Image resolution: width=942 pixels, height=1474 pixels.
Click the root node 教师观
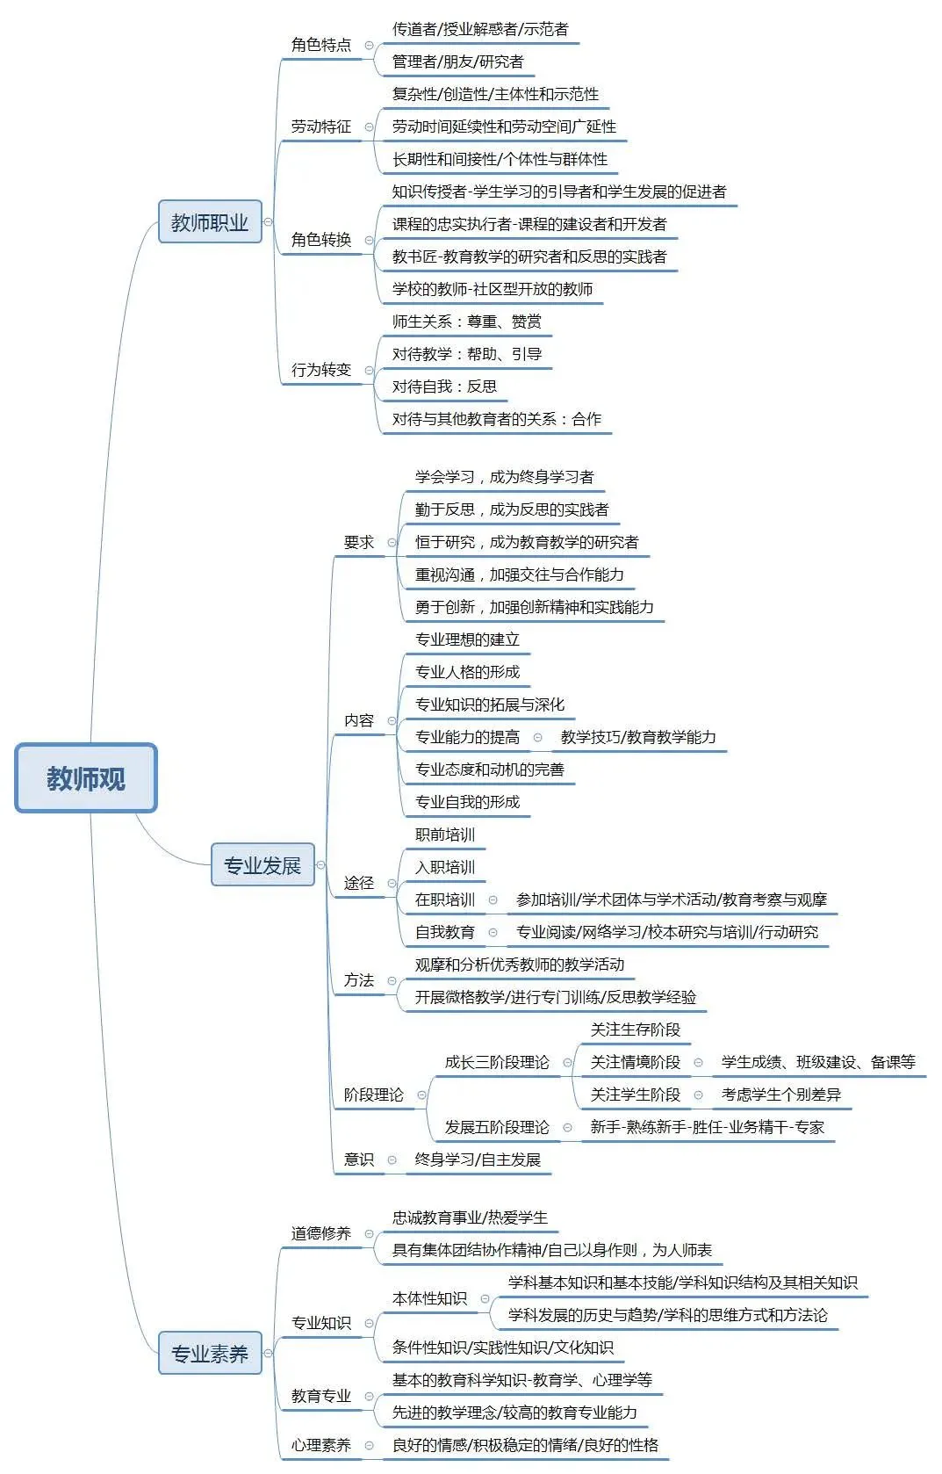[86, 778]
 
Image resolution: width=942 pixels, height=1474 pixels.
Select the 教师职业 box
[210, 222]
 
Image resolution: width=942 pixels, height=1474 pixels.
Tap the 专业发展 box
[262, 865]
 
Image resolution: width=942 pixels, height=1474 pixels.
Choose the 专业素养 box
[210, 1354]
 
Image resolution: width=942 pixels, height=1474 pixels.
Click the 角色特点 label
[321, 45]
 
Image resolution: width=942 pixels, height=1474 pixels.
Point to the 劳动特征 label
[321, 126]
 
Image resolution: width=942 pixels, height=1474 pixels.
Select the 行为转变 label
[321, 370]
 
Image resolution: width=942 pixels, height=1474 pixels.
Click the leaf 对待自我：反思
[444, 387]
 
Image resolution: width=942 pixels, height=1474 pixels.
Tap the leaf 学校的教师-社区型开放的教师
[492, 289]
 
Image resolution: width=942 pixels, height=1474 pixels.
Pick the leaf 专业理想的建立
[467, 639]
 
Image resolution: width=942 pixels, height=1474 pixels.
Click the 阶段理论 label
[374, 1095]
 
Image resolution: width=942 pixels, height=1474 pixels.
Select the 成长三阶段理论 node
[497, 1062]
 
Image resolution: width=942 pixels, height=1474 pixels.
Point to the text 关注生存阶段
[636, 1030]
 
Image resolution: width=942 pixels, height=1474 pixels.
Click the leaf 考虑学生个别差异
[780, 1095]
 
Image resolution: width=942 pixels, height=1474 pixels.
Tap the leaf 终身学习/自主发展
[478, 1160]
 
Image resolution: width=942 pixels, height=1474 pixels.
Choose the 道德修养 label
[321, 1233]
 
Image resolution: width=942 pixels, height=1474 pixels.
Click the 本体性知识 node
[429, 1298]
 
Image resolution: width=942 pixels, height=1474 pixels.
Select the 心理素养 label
[321, 1445]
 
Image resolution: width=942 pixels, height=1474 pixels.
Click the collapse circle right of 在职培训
[493, 900]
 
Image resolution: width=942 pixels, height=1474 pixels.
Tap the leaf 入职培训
[445, 867]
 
